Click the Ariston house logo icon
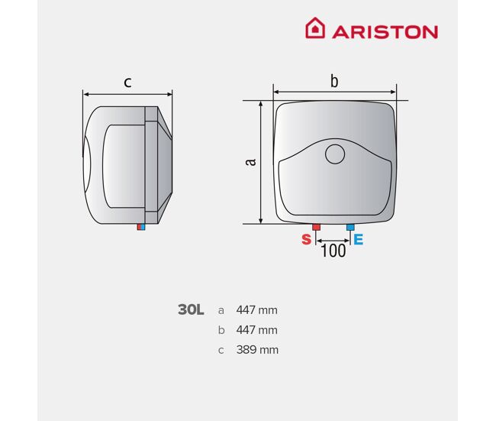point(314,28)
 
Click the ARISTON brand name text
point(385,32)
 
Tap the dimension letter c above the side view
point(127,83)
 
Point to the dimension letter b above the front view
point(334,81)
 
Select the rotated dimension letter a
point(250,161)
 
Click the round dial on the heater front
point(335,154)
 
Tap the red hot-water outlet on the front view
point(316,227)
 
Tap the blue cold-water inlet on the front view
point(350,227)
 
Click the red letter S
point(306,239)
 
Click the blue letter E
point(359,239)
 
